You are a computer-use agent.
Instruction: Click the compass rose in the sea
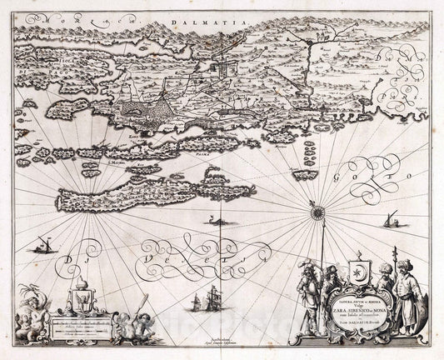click(x=318, y=215)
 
